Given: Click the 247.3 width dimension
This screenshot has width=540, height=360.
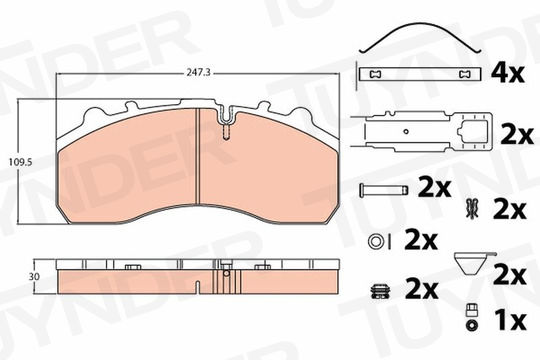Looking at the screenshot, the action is tap(198, 73).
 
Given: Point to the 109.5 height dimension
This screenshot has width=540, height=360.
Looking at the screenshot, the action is tap(20, 162).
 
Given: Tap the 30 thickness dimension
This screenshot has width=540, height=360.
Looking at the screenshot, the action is tap(34, 277).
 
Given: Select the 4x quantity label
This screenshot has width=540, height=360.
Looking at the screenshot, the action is tap(508, 73).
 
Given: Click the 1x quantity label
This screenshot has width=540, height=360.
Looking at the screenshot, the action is tap(510, 320).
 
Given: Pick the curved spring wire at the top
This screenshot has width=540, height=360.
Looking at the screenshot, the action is tap(419, 37).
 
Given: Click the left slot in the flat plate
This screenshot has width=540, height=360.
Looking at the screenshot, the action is tap(375, 74).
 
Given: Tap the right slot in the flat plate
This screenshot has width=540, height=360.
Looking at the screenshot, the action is tap(465, 74).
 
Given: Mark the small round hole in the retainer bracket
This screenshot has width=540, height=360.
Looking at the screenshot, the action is tap(406, 131).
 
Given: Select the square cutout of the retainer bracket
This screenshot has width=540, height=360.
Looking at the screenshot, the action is tap(473, 132).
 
